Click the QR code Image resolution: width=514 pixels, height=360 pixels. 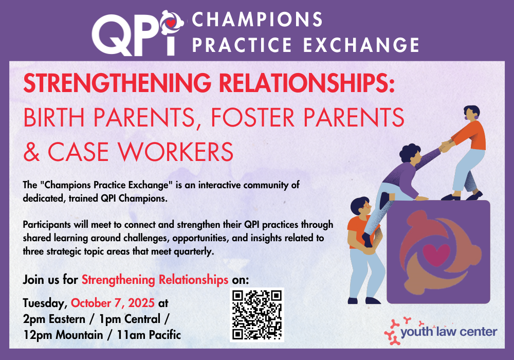[x=256, y=314]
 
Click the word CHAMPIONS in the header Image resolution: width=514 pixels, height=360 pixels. [x=258, y=20]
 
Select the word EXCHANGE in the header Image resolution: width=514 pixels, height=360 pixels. [x=361, y=45]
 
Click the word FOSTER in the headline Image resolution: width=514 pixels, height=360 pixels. [x=253, y=117]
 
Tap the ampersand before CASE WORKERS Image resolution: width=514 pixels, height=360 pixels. [x=32, y=152]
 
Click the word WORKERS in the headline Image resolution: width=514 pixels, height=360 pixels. [x=175, y=152]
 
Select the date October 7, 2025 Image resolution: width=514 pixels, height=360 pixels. [x=113, y=303]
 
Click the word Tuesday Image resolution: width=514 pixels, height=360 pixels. [x=45, y=303]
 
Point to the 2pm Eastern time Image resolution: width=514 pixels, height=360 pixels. [x=54, y=319]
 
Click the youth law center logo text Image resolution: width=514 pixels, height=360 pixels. [x=449, y=332]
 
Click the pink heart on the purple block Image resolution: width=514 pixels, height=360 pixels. [x=436, y=255]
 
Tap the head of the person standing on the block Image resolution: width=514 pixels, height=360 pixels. [x=472, y=113]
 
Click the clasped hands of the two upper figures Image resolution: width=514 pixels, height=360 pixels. [x=446, y=146]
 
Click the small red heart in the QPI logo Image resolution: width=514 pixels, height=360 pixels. [x=171, y=23]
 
